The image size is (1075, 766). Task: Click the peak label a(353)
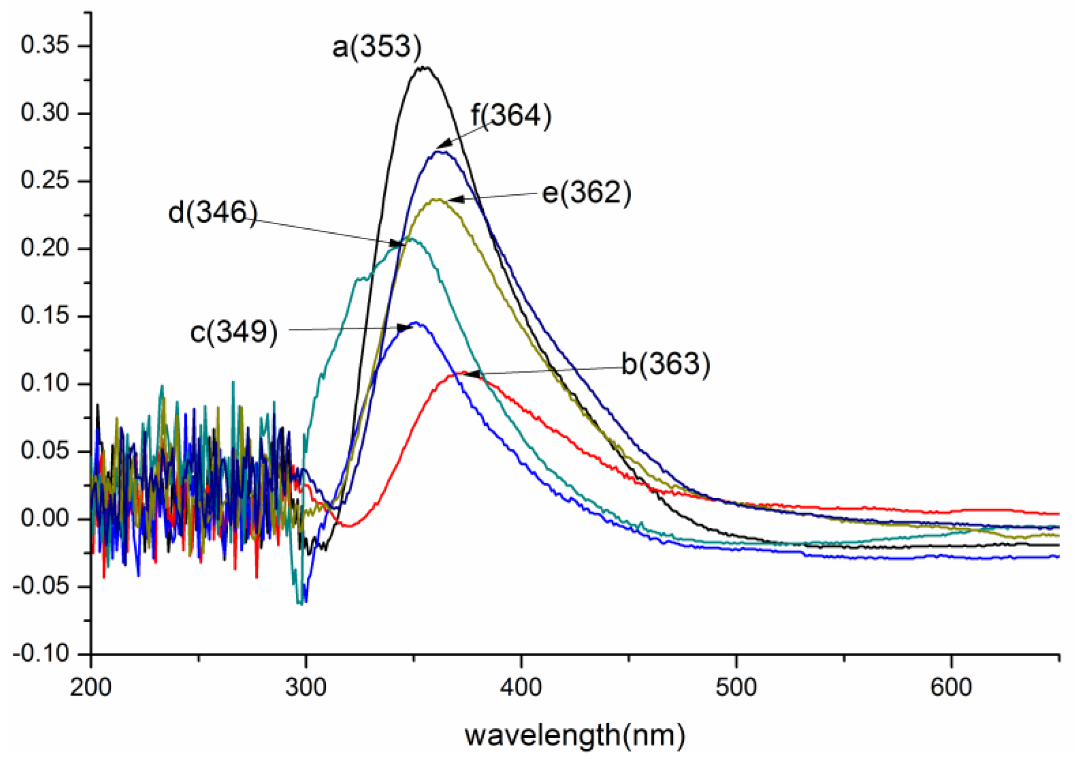pos(377,47)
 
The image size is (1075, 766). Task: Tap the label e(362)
pos(586,192)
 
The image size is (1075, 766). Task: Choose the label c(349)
pos(234,333)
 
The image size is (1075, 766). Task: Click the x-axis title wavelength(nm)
pos(575,735)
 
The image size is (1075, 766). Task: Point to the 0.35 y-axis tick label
pos(45,46)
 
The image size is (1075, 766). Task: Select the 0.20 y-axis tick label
pos(45,249)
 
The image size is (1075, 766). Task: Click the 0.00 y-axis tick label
pos(45,519)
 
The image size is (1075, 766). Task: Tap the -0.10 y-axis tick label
pos(41,654)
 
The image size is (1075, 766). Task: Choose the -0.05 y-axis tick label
pos(41,586)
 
